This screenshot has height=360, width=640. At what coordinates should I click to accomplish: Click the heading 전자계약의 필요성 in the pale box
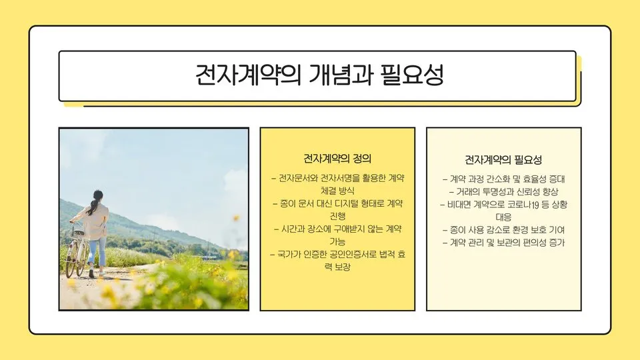click(x=503, y=160)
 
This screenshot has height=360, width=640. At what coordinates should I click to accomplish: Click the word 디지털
click(x=345, y=203)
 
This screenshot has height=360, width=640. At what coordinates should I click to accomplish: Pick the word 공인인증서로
click(x=338, y=254)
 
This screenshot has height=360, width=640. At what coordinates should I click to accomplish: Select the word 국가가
click(x=291, y=254)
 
